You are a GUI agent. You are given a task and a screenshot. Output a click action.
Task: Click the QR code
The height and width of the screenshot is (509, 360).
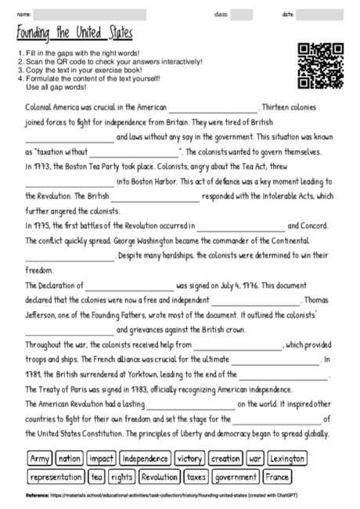tap(321, 66)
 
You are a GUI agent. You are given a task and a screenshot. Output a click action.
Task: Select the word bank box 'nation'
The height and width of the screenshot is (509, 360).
tap(70, 458)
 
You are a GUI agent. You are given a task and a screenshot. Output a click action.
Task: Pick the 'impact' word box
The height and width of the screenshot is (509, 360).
tap(101, 458)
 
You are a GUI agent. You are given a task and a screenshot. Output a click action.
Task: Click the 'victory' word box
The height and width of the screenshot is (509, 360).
tap(190, 458)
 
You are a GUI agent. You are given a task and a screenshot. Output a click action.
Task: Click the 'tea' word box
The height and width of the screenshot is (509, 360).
tap(98, 476)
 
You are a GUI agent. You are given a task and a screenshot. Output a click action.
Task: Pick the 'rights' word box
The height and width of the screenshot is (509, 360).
tap(122, 476)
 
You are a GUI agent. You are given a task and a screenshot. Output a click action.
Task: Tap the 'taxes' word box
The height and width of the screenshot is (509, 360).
tap(197, 476)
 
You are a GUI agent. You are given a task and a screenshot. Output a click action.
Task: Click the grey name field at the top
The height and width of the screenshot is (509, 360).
tap(90, 14)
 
